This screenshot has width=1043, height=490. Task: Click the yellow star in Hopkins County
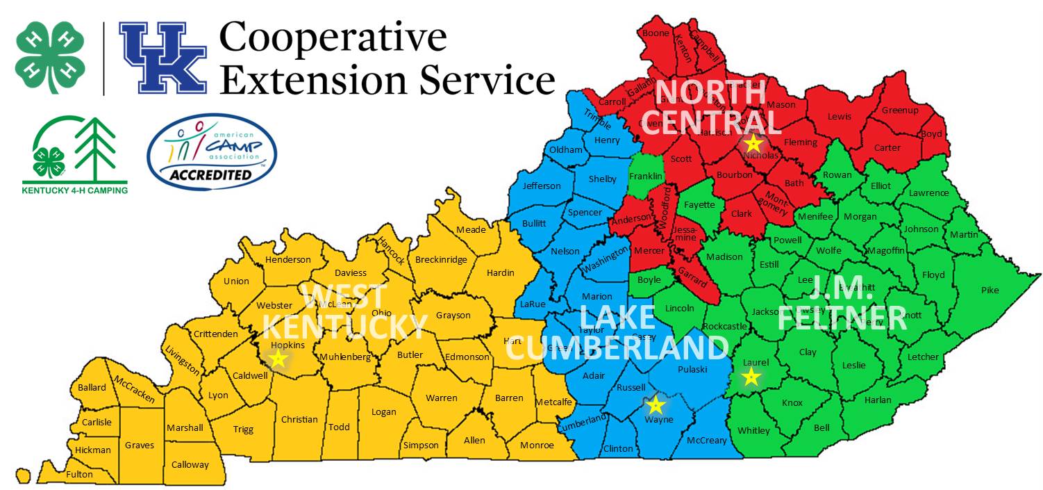coord(278,359)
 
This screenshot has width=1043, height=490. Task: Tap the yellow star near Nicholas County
coord(753,143)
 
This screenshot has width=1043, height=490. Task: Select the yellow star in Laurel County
coord(751,377)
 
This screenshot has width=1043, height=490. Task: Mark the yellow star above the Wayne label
coord(656,405)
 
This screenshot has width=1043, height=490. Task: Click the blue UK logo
coord(163,58)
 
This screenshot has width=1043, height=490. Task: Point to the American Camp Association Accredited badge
coord(212,152)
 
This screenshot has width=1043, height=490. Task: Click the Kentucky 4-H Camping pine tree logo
coord(74,153)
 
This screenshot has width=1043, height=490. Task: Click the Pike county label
coord(990,290)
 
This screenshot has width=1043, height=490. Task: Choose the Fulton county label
coord(80,475)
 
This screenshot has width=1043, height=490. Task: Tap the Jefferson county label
coord(542,186)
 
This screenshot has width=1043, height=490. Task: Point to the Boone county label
coord(656,33)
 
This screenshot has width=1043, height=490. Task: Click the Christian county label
coord(299,419)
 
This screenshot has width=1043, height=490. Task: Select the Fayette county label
coord(699,204)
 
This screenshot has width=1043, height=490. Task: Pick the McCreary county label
coord(707,441)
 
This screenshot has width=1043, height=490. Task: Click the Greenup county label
coord(900,110)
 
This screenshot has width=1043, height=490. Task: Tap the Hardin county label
coord(500,272)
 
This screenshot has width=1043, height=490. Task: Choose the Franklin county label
coord(646,177)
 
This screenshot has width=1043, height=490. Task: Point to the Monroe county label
coord(537,445)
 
